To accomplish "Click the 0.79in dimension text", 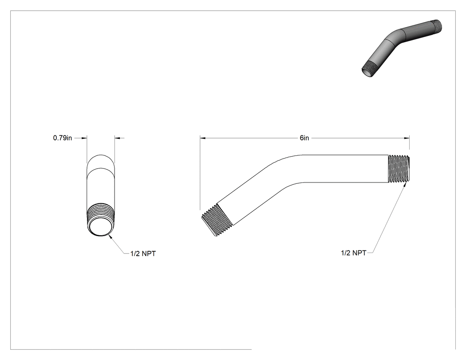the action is click(x=63, y=138).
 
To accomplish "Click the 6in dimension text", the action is click(x=304, y=138).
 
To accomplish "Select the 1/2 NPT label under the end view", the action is click(x=143, y=253).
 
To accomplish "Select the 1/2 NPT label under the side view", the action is click(x=353, y=253).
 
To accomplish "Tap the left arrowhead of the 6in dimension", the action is click(x=203, y=138).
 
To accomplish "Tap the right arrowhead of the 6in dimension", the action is click(x=407, y=138).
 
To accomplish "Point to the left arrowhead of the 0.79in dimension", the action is click(x=84, y=138).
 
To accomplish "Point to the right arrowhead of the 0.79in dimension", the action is click(x=118, y=138).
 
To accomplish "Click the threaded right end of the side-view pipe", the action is click(x=399, y=169).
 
